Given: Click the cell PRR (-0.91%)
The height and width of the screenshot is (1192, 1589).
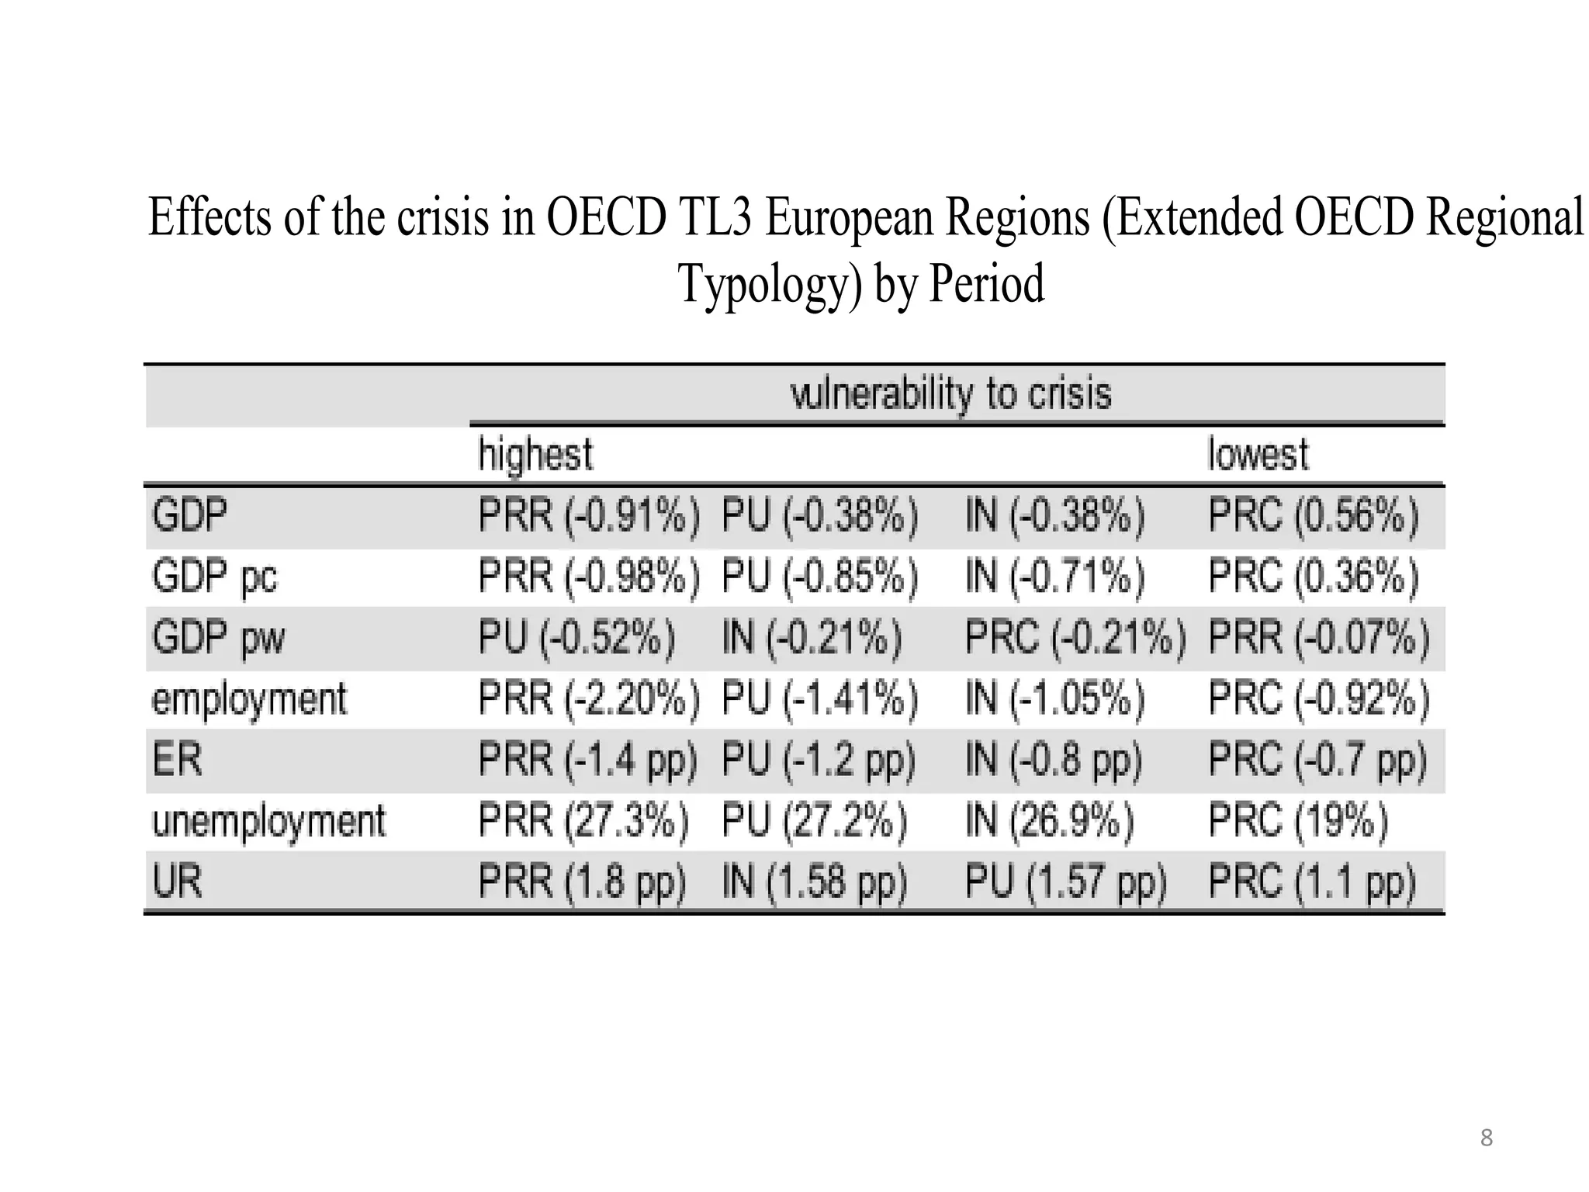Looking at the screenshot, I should click(x=588, y=515).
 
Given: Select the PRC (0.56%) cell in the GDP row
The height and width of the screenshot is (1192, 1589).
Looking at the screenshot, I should click(x=1313, y=515).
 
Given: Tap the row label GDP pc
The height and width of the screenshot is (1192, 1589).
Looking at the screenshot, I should click(x=214, y=577).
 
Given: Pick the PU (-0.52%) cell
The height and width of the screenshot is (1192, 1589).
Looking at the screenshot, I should click(x=576, y=638).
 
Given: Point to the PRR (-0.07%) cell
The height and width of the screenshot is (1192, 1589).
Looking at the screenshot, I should click(x=1318, y=638).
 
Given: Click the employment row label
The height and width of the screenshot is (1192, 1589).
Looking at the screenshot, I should click(x=248, y=699).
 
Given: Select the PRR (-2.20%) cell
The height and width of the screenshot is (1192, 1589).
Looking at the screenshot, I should click(x=588, y=698).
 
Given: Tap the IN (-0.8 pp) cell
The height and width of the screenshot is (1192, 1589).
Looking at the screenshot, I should click(x=1053, y=760).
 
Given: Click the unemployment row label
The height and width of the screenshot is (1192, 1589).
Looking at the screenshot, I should click(x=268, y=821).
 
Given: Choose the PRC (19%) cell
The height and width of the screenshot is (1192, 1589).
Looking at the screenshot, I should click(x=1297, y=821).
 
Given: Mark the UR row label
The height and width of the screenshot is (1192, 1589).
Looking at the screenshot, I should click(x=177, y=882).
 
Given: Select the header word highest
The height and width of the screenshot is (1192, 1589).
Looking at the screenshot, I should click(x=535, y=454).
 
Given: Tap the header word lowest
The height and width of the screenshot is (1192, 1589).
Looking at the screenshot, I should click(x=1258, y=454).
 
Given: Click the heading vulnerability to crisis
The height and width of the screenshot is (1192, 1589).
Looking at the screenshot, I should click(x=950, y=393).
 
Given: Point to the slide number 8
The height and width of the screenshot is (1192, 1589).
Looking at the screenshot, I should click(x=1486, y=1138).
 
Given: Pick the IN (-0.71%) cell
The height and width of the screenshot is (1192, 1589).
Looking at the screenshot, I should click(x=1054, y=577).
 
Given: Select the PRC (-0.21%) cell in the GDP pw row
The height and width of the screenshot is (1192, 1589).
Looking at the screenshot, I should click(x=1075, y=638).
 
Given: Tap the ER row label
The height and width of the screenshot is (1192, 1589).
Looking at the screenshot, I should click(x=177, y=760).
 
